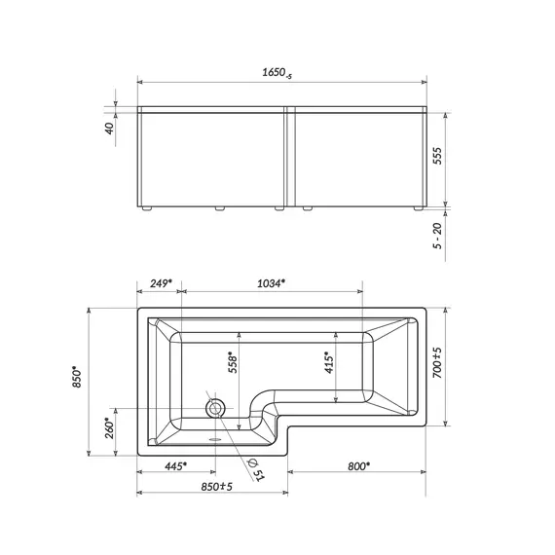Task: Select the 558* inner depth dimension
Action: pos(231,362)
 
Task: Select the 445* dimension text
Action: pos(175,466)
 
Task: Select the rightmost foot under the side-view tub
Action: pos(419,207)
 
